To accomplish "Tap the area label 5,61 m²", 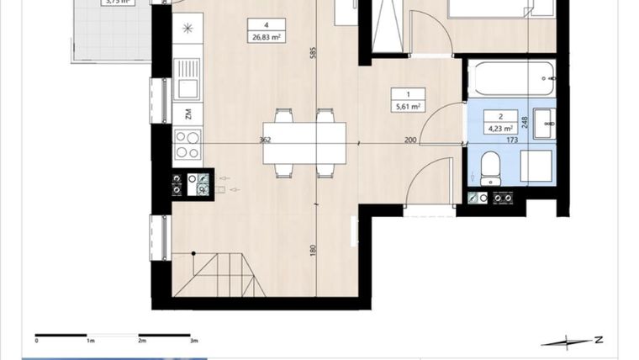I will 409,107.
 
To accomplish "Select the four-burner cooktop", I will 187,144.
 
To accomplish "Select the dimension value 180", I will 313,250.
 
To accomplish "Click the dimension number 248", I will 525,122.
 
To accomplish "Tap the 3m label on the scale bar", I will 193,341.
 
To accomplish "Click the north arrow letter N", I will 598,340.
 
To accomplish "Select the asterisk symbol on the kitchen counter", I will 187,29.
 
